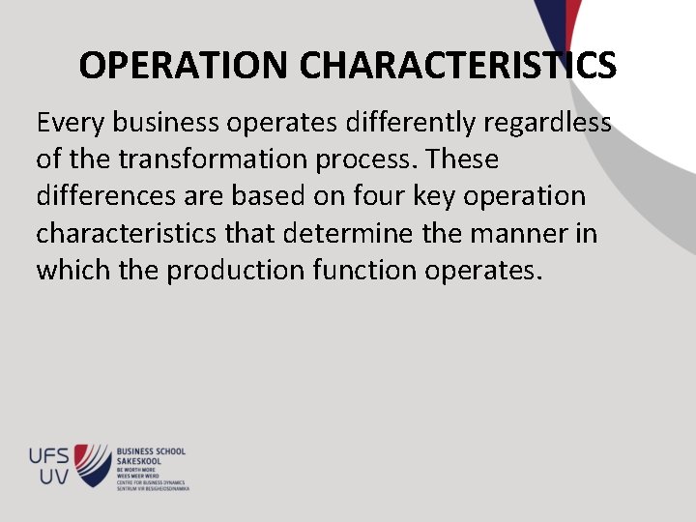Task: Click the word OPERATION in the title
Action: (185, 66)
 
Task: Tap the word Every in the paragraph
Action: (71, 123)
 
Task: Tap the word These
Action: (462, 159)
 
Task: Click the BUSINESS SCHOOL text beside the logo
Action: (151, 450)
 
